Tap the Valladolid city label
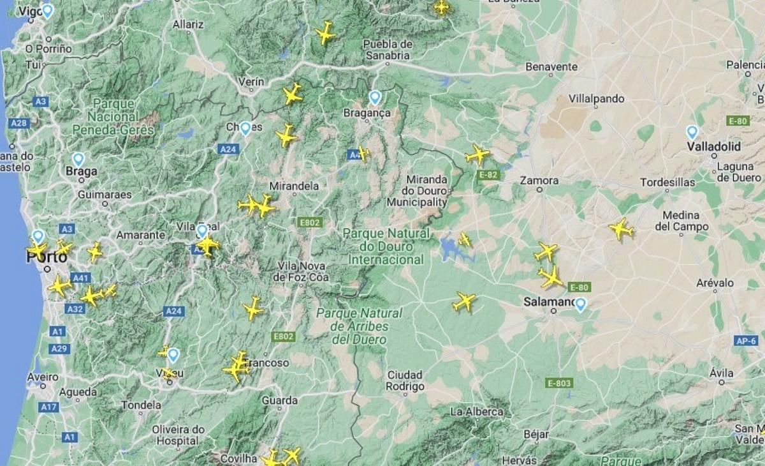pyautogui.click(x=714, y=147)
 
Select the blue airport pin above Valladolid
pyautogui.click(x=692, y=132)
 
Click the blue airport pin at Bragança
pyautogui.click(x=375, y=98)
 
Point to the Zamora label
pyautogui.click(x=539, y=181)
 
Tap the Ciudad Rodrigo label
pyautogui.click(x=405, y=380)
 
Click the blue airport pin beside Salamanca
pyautogui.click(x=580, y=304)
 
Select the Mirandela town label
pyautogui.click(x=295, y=186)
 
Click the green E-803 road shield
pyautogui.click(x=560, y=383)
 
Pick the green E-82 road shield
pyautogui.click(x=490, y=174)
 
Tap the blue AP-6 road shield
pyautogui.click(x=745, y=341)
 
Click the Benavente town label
pyautogui.click(x=551, y=66)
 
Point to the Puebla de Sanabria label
pyautogui.click(x=387, y=50)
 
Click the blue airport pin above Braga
pyautogui.click(x=78, y=159)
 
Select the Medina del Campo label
pyautogui.click(x=681, y=221)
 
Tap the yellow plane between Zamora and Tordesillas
pyautogui.click(x=620, y=229)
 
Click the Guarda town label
pyautogui.click(x=279, y=401)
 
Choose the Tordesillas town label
pyautogui.click(x=667, y=182)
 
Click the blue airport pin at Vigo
pyautogui.click(x=47, y=10)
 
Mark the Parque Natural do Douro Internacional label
pyautogui.click(x=386, y=246)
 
